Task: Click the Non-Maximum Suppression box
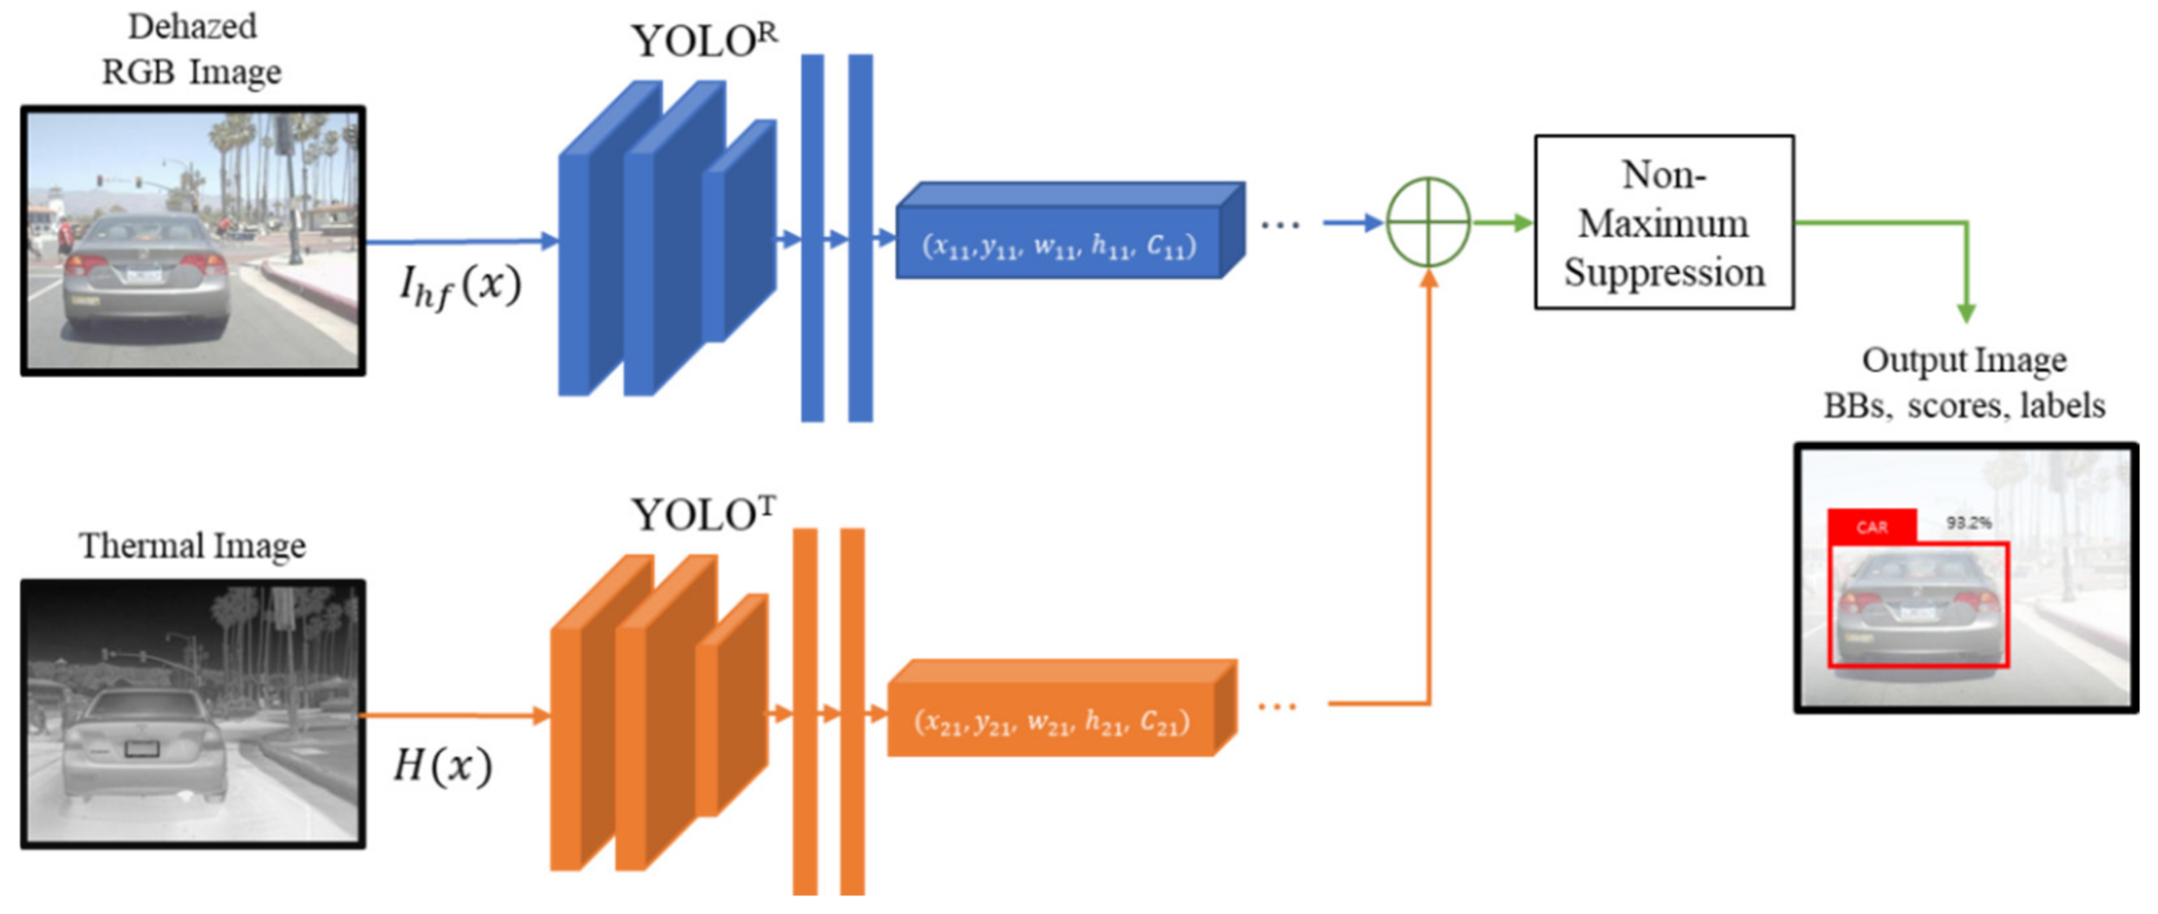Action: [1663, 223]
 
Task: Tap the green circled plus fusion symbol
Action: [1428, 223]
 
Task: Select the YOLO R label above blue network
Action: [704, 40]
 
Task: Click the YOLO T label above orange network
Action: [704, 513]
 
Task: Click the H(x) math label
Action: [443, 765]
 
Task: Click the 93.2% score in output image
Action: [1969, 523]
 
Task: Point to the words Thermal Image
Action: [193, 546]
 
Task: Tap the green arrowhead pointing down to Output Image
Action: [1966, 313]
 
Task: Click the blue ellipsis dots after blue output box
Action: [1280, 225]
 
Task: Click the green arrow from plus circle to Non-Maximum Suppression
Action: [1504, 223]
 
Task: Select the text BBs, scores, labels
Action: [1964, 406]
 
